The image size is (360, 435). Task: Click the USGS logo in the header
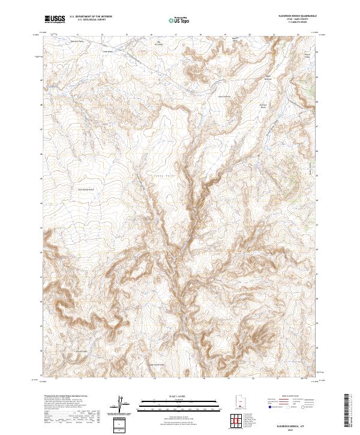tap(55, 19)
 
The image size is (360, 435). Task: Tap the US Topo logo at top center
tap(179, 20)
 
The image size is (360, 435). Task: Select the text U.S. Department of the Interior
tap(91, 17)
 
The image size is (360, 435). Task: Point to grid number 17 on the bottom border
tap(178, 379)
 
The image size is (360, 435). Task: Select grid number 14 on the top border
tap(102, 34)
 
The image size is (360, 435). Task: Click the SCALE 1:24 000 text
tap(179, 397)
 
